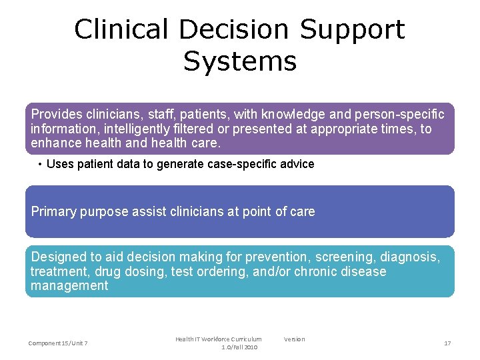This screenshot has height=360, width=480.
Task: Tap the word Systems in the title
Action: coord(240,61)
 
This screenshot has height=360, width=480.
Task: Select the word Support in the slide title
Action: coord(352,30)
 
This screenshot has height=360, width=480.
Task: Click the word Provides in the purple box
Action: coord(54,114)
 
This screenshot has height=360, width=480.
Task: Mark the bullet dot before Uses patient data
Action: coord(41,164)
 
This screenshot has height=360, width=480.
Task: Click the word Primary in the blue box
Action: coord(53,212)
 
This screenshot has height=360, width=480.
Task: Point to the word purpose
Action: coord(103,212)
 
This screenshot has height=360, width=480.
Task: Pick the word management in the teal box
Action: coord(69,286)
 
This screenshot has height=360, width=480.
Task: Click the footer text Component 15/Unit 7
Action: coord(58,343)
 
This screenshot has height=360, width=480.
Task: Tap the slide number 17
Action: coord(447,343)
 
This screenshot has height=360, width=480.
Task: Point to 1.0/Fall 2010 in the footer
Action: coord(239,347)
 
